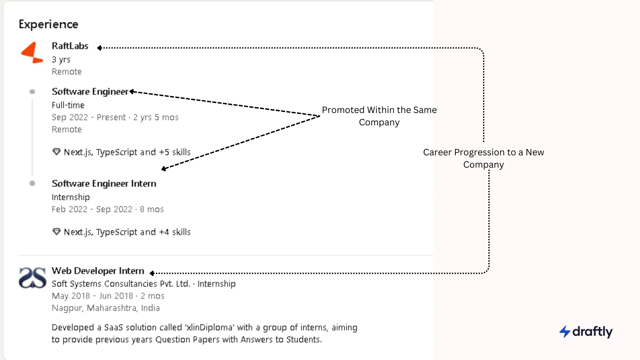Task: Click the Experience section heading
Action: [48, 24]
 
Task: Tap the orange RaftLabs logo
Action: [32, 52]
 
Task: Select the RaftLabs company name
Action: [70, 46]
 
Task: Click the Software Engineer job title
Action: [90, 91]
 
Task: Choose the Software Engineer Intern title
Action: [104, 183]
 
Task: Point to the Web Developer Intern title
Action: [98, 271]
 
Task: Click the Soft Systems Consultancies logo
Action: [32, 277]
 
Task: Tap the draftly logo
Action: [586, 331]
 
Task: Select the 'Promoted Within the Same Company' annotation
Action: [379, 116]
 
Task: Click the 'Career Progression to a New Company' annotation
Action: [483, 158]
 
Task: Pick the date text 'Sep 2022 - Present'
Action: [89, 117]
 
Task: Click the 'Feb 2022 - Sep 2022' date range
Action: [92, 209]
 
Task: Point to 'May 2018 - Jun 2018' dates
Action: [92, 296]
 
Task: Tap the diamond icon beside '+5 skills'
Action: [56, 152]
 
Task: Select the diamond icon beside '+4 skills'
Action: [56, 232]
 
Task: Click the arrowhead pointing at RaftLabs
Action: [99, 48]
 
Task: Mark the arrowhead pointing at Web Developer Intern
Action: [152, 273]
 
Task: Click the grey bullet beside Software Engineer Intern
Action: [32, 183]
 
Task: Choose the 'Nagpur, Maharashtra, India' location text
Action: [106, 308]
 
